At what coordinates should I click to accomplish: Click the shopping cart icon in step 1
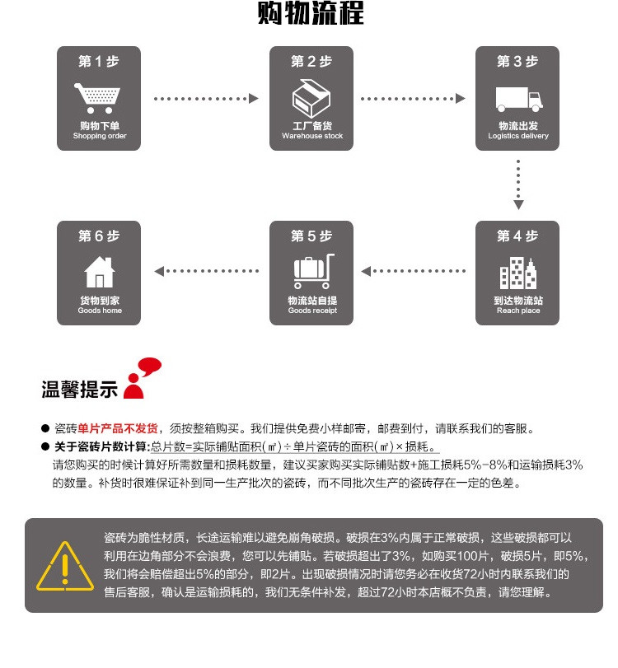tap(99, 98)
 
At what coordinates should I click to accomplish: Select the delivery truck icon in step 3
tap(518, 98)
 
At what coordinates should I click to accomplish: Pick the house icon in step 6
tap(100, 272)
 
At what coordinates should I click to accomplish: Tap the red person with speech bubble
tap(143, 378)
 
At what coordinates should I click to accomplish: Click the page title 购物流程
tap(311, 16)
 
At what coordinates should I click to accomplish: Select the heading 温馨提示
tap(79, 390)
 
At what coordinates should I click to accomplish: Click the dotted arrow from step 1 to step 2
tap(206, 99)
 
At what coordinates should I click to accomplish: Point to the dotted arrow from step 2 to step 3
tap(413, 99)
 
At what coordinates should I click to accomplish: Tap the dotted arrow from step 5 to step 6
tap(207, 270)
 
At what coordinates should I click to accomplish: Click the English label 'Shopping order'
tap(100, 136)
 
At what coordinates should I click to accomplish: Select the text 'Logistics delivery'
tap(518, 136)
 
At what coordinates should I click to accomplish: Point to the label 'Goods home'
tap(100, 311)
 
